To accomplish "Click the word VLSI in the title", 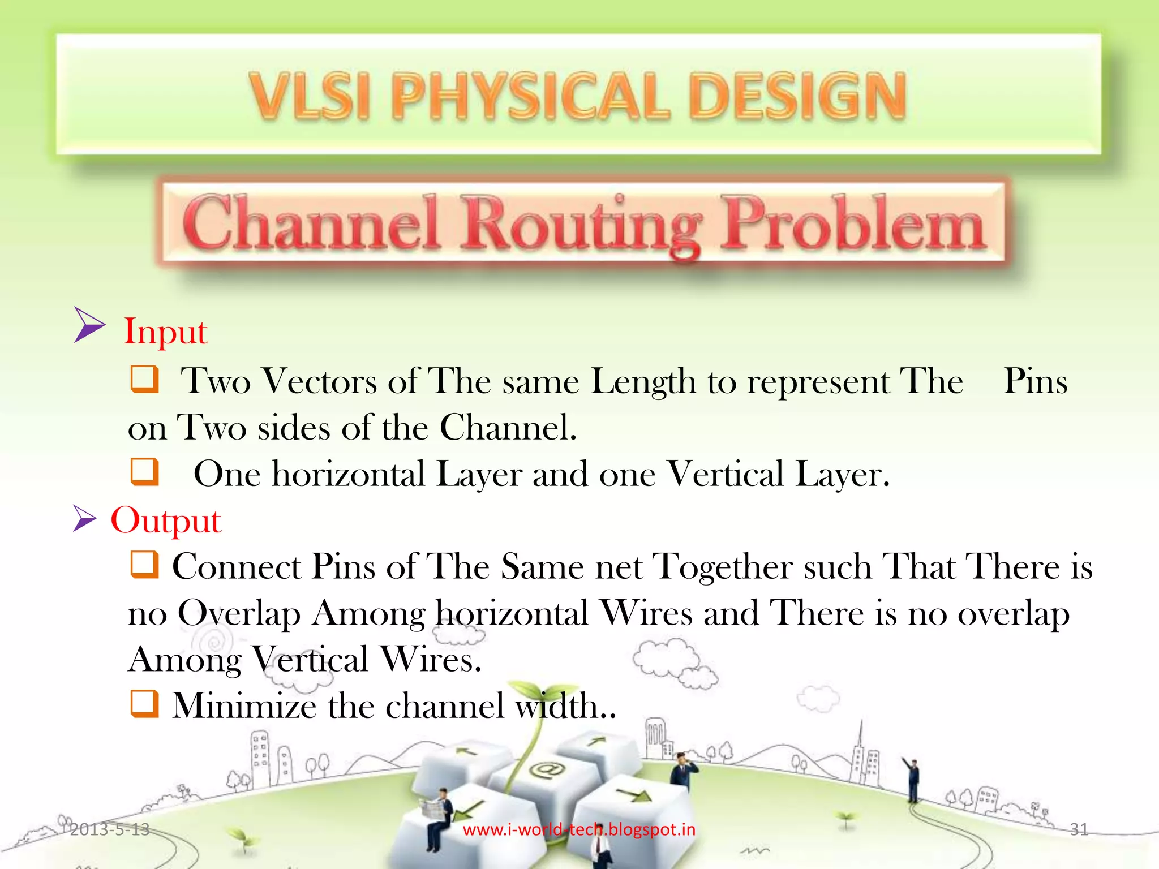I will [310, 96].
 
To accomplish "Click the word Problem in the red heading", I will [853, 224].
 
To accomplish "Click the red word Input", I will [165, 332].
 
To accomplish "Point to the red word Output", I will [165, 520].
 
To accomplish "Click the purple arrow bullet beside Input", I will [89, 325].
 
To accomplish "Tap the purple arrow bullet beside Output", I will [85, 519].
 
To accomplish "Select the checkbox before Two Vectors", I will [144, 378].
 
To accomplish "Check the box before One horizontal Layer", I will [144, 471].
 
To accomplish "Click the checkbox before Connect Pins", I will [144, 564].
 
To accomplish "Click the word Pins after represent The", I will [1035, 381].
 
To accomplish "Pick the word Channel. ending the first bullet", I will [508, 428].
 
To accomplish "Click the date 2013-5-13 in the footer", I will [110, 829].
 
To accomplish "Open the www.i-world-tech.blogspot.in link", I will [579, 829].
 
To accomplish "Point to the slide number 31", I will [1079, 829].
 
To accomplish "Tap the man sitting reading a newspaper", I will [438, 815].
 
